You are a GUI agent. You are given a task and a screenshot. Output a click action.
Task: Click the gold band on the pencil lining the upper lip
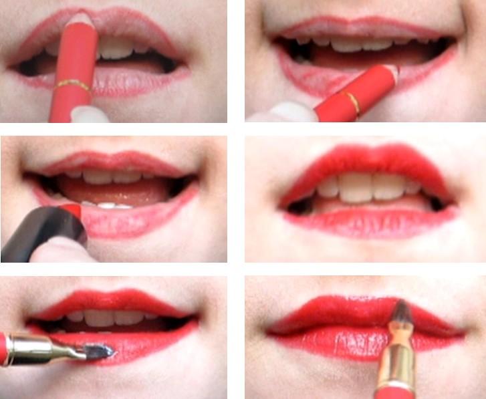(x=73, y=85)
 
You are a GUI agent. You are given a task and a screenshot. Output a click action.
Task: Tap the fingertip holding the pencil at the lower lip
(x=284, y=112)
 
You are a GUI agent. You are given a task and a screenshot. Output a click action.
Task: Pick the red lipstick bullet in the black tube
(x=73, y=210)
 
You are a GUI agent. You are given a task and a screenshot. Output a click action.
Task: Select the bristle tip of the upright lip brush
(x=400, y=309)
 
